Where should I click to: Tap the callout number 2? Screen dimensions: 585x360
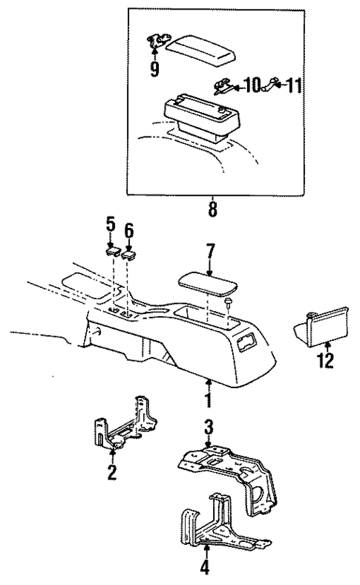tap(111, 472)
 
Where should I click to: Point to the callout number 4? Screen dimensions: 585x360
tap(206, 569)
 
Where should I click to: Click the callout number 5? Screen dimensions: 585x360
tap(111, 223)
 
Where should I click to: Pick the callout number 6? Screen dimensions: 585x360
tap(129, 232)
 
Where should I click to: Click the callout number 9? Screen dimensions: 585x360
tap(154, 71)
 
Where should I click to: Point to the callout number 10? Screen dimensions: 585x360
tap(249, 87)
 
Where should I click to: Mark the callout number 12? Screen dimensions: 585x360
tap(327, 362)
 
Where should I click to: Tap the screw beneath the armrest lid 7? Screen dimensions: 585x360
tap(229, 303)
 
